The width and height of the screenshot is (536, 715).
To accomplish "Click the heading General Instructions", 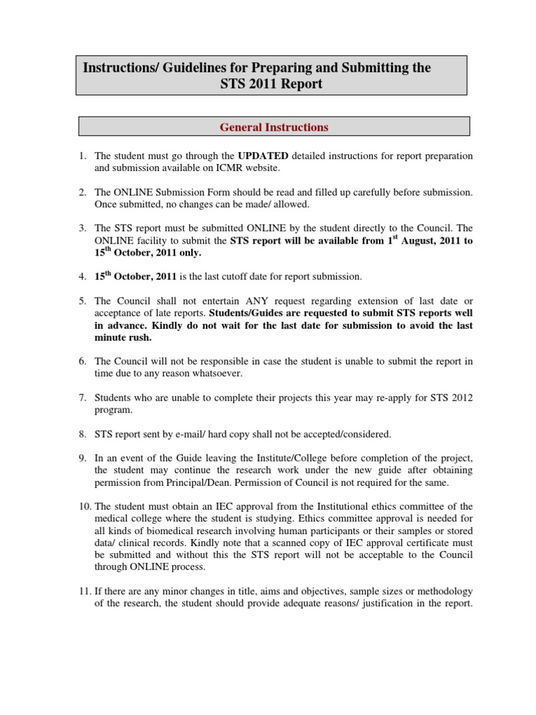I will (x=274, y=127).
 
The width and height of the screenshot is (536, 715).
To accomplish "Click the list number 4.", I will (x=82, y=277).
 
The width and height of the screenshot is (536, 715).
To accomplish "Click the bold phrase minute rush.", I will (x=124, y=337).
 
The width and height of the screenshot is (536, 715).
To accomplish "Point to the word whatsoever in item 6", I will (x=218, y=374).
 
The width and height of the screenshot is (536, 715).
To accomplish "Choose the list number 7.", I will (x=82, y=397).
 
